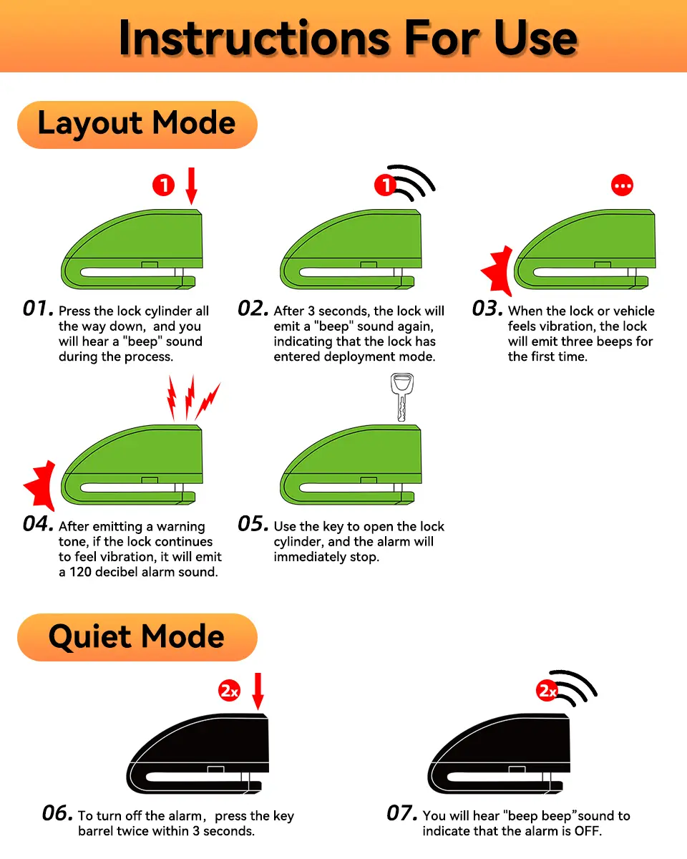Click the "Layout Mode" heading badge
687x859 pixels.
point(137,125)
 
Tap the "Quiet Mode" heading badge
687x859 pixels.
point(137,638)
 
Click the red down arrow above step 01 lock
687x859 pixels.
point(192,185)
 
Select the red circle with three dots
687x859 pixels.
point(622,185)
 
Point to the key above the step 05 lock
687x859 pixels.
point(402,397)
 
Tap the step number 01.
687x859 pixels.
point(39,309)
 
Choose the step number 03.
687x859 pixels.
point(487,309)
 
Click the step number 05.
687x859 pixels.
point(253,524)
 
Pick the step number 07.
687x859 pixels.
point(402,813)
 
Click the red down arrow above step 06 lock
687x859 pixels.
point(258,691)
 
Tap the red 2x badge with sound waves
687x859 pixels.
point(546,690)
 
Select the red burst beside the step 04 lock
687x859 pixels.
point(40,486)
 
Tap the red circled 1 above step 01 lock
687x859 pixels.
point(164,185)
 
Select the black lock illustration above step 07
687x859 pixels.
point(499,754)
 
